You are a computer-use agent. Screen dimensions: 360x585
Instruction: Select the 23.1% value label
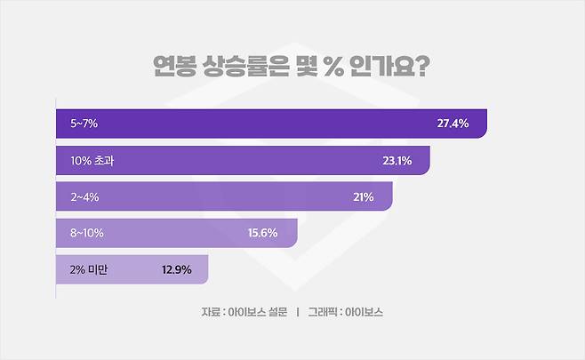click(x=396, y=160)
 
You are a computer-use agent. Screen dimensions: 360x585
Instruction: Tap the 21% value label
click(x=363, y=196)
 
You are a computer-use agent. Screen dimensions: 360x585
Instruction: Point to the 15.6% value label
click(x=262, y=233)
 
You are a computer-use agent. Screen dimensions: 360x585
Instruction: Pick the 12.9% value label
click(x=177, y=269)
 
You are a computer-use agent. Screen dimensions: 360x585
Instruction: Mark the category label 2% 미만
click(x=85, y=269)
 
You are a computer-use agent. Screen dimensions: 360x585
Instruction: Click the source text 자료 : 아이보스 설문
click(x=244, y=313)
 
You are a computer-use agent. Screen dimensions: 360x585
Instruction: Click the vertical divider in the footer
click(x=297, y=313)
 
